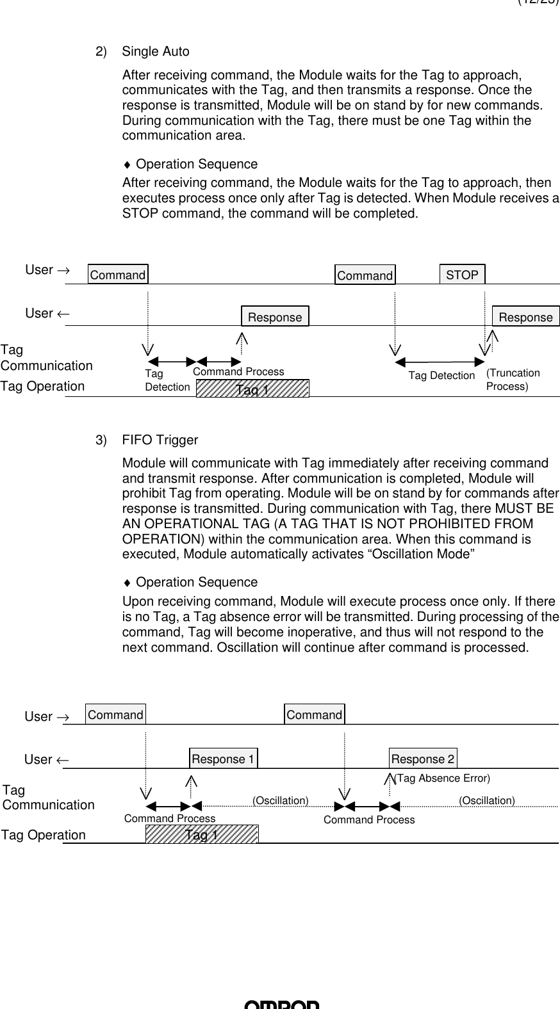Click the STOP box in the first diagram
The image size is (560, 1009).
point(462,275)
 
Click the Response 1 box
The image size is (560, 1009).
point(223,759)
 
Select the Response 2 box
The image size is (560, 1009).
point(423,759)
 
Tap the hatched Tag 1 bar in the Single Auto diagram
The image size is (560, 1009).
point(252,389)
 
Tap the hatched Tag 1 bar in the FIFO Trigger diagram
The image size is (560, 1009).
point(202,835)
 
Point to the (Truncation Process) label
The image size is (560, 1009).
point(513,380)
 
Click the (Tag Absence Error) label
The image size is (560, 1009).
point(441,779)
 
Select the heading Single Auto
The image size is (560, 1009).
point(156,51)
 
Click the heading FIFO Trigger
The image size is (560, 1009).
point(160,440)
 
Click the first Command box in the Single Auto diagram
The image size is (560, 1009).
point(118,275)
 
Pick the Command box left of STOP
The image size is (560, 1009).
point(365,275)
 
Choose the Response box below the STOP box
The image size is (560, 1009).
point(525,317)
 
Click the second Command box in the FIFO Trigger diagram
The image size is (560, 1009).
point(314,714)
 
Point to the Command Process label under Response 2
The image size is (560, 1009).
point(369,819)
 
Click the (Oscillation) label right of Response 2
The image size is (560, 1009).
point(487,800)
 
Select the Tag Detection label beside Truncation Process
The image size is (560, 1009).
point(441,375)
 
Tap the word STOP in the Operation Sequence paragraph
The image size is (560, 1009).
point(141,213)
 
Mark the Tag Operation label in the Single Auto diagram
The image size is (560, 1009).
point(42,386)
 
